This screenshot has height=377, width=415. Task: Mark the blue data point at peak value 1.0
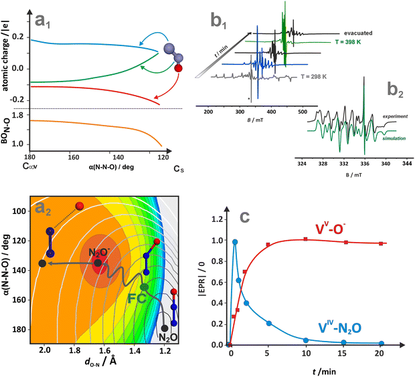(x=235, y=242)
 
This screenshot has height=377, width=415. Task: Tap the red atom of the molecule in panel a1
(x=177, y=68)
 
